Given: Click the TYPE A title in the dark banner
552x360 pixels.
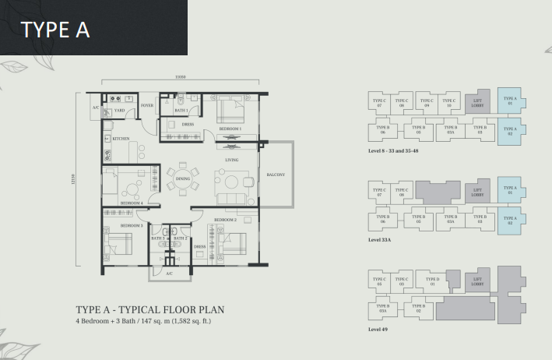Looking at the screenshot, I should pos(55,30).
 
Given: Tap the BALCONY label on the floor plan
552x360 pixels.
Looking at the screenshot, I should pos(276,175).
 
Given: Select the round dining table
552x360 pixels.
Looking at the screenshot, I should pos(183,179).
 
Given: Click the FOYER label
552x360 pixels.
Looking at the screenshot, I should pos(146,104).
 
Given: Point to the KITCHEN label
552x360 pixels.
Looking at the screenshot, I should pos(121,138).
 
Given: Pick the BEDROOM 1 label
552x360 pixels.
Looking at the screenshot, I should pos(230,128).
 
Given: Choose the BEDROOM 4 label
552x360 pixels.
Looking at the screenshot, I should pos(131,203).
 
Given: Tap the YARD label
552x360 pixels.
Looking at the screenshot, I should pos(119,111).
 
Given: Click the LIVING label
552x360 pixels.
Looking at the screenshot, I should pos(231,160).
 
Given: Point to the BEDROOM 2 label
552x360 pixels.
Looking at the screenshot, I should pos(225,221).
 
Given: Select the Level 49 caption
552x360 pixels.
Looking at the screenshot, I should pos(379,330).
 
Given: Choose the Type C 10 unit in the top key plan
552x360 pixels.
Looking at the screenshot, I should pos(449,102).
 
